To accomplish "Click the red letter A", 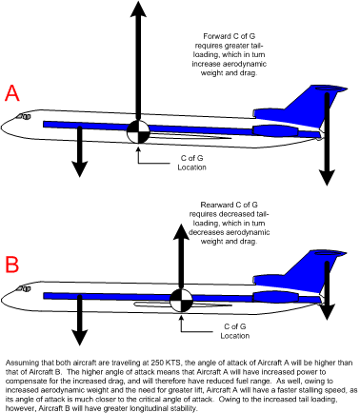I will pyautogui.click(x=12, y=93).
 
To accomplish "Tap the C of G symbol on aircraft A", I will pyautogui.click(x=139, y=131).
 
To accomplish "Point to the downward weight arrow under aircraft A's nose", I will pyautogui.click(x=80, y=152).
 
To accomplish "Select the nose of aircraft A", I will pyautogui.click(x=8, y=125).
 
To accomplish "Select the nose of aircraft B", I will pyautogui.click(x=8, y=291).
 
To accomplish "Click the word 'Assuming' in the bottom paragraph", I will pyautogui.click(x=20, y=363).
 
